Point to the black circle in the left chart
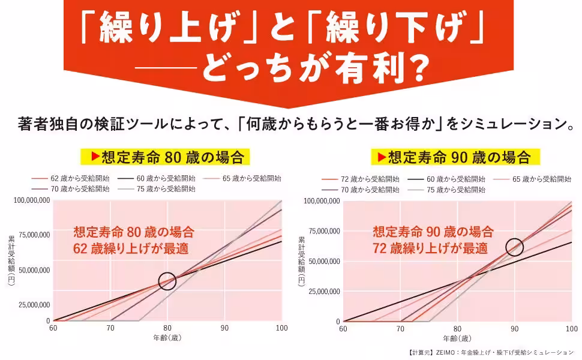click(167, 281)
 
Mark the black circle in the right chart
click(514, 246)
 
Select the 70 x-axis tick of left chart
click(110, 328)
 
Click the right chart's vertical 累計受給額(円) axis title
click(301, 262)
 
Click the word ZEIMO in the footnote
click(446, 352)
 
